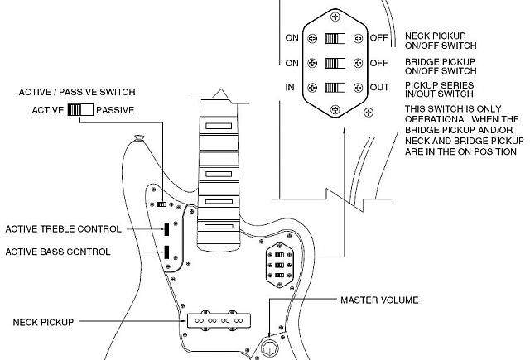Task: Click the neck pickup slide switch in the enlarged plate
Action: tap(335, 39)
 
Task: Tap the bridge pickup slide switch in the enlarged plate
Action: tap(335, 63)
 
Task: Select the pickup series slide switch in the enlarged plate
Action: tap(335, 88)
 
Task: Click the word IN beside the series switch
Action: tap(290, 88)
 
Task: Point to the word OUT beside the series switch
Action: tap(379, 88)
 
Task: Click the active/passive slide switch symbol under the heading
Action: tap(80, 110)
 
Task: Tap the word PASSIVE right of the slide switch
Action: tap(115, 110)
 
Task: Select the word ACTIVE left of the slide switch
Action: tap(48, 110)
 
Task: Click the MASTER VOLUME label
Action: tap(379, 300)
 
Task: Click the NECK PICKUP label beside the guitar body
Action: tap(43, 322)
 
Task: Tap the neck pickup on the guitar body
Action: tap(219, 320)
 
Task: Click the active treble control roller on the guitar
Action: tap(166, 229)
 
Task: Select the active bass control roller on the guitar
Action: tap(166, 252)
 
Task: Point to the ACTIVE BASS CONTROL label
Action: tap(58, 252)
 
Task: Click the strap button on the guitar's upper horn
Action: tap(139, 137)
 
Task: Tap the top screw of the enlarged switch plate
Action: tap(335, 17)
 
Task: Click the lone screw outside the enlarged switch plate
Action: tap(369, 112)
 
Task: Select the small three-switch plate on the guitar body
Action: tap(280, 265)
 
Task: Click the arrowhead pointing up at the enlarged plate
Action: tap(344, 132)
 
